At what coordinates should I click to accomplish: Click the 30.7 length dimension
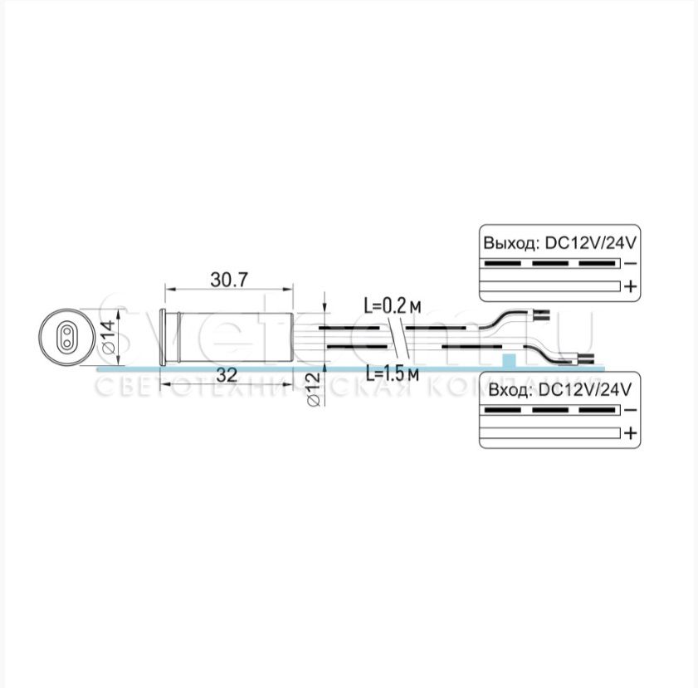click(229, 280)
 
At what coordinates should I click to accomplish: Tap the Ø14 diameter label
click(108, 336)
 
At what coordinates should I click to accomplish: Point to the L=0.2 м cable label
click(387, 305)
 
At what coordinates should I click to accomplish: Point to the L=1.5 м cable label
click(388, 373)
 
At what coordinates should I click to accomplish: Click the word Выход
click(509, 244)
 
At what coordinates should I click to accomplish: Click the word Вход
click(506, 390)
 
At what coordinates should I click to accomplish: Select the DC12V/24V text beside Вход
click(585, 390)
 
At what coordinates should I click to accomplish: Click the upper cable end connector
click(540, 315)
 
